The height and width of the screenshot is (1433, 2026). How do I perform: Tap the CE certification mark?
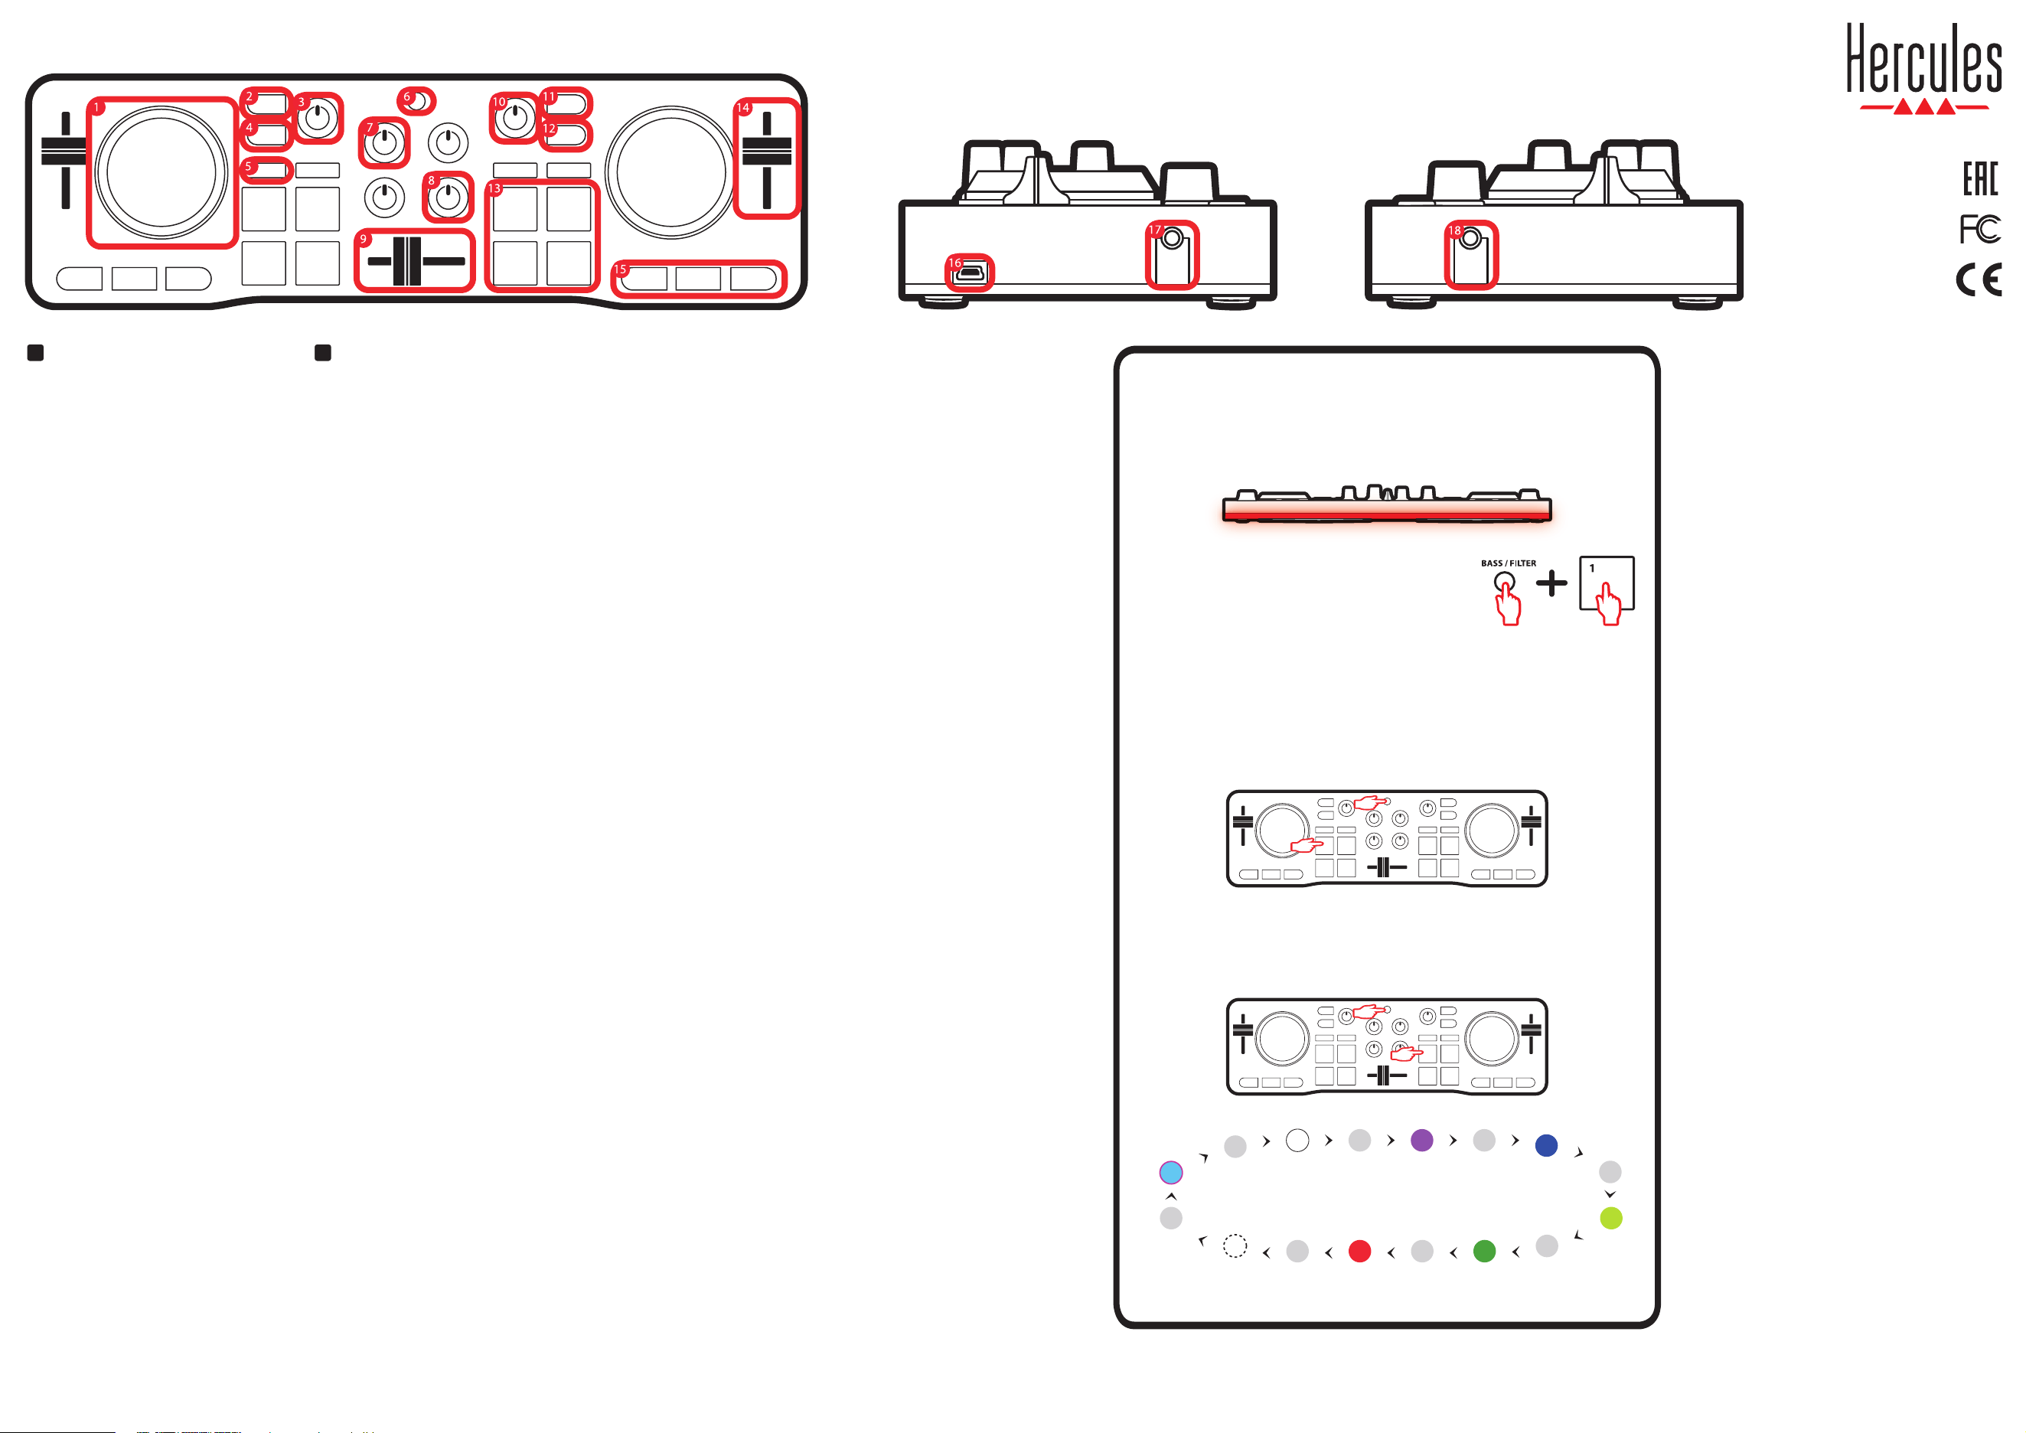coord(1979,281)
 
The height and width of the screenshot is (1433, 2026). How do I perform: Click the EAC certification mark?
coord(1980,179)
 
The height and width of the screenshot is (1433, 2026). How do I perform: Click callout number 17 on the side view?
coord(1155,230)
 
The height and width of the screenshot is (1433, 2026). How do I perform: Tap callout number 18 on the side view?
coord(1454,230)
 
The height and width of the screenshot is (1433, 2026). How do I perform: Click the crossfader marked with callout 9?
coord(406,261)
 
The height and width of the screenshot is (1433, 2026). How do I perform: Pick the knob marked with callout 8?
coord(449,197)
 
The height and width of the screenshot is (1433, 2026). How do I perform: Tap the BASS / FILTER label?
coord(1508,563)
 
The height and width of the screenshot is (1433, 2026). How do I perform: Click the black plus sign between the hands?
coord(1551,583)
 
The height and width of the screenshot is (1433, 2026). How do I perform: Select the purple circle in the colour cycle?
coord(1421,1140)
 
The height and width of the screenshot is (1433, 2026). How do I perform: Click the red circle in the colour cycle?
coord(1360,1252)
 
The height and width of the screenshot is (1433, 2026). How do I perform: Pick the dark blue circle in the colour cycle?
coord(1546,1145)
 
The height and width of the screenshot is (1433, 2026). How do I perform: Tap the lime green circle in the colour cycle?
coord(1611,1219)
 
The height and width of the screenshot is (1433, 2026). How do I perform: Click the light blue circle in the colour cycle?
coord(1171,1173)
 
